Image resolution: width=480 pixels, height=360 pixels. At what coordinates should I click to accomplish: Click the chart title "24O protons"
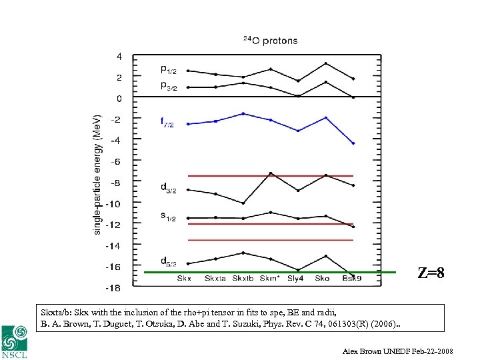pos(270,41)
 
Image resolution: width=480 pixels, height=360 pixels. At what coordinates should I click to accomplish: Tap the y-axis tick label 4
pos(119,57)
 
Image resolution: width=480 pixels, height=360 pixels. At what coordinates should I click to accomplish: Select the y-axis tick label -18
pos(113,288)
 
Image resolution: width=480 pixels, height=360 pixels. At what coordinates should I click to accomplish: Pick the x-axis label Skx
pos(185,278)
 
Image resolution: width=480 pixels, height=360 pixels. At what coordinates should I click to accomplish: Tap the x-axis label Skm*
pos(270,278)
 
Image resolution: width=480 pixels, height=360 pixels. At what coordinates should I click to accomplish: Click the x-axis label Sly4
pos(297,278)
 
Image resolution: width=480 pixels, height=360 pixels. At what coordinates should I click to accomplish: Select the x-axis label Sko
pos(323,278)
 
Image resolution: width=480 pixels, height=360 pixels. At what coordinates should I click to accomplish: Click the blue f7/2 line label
pos(167,123)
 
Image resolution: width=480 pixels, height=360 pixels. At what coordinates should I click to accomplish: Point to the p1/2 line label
pos(169,69)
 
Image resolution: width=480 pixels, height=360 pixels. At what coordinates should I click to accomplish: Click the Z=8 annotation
pos(431,273)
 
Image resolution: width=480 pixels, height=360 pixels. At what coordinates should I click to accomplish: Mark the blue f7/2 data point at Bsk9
pos(353,143)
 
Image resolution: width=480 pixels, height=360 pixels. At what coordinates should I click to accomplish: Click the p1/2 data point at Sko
pos(326,63)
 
